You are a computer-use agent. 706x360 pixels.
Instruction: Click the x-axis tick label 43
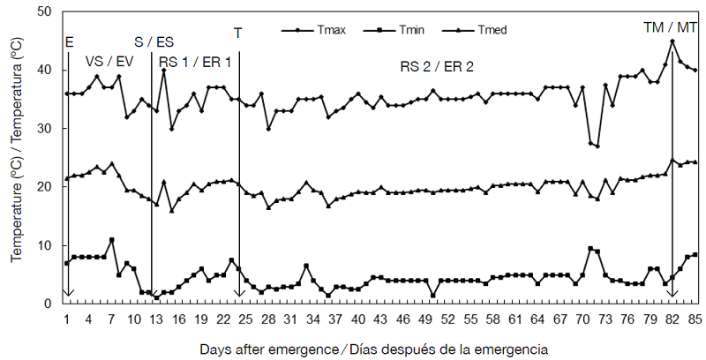pyautogui.click(x=380, y=319)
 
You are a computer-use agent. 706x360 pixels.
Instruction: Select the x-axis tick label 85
pyautogui.click(x=695, y=319)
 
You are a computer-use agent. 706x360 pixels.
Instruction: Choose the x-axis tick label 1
pyautogui.click(x=67, y=319)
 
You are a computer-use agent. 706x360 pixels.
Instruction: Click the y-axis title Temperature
pyautogui.click(x=17, y=157)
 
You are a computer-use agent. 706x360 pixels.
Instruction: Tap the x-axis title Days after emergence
pyautogui.click(x=373, y=349)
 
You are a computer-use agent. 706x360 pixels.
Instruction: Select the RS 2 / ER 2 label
pyautogui.click(x=437, y=66)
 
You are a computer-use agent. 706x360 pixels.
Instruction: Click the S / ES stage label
pyautogui.click(x=154, y=41)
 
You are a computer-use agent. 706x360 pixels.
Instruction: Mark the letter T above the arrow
pyautogui.click(x=237, y=33)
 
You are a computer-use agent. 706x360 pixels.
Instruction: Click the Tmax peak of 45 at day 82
pyautogui.click(x=672, y=41)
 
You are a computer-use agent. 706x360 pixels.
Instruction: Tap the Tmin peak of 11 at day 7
pyautogui.click(x=112, y=240)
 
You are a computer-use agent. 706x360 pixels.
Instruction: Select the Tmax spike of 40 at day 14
pyautogui.click(x=164, y=71)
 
